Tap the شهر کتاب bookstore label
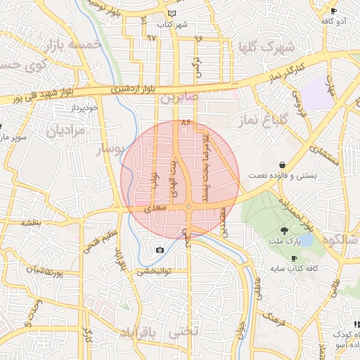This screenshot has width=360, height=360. pyautogui.click(x=173, y=25)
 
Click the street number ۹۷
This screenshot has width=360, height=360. pyautogui.click(x=151, y=37)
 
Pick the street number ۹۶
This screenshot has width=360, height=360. pyautogui.click(x=198, y=37)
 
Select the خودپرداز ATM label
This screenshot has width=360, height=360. pyautogui.click(x=68, y=109)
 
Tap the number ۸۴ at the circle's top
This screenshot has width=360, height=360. pyautogui.click(x=186, y=122)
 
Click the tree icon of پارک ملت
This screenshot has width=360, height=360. pyautogui.click(x=285, y=231)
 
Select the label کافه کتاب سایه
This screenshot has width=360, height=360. pyautogui.click(x=295, y=269)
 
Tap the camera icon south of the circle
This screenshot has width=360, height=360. pyautogui.click(x=160, y=250)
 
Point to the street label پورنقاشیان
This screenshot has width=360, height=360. pyautogui.click(x=35, y=270)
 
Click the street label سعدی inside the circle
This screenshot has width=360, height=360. pyautogui.click(x=156, y=209)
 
